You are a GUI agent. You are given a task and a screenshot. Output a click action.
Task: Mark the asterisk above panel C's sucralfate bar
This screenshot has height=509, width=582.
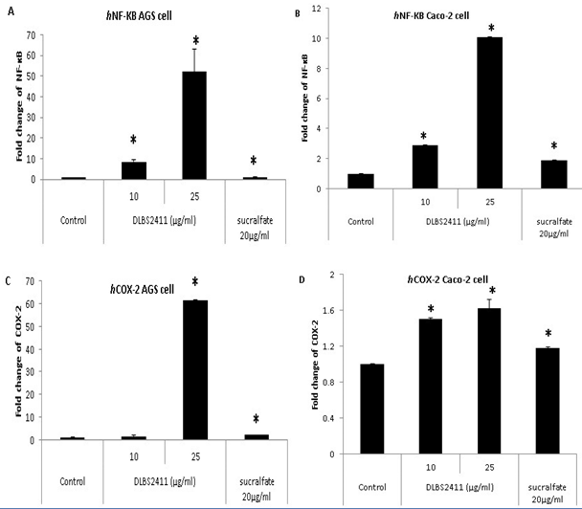(256, 420)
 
